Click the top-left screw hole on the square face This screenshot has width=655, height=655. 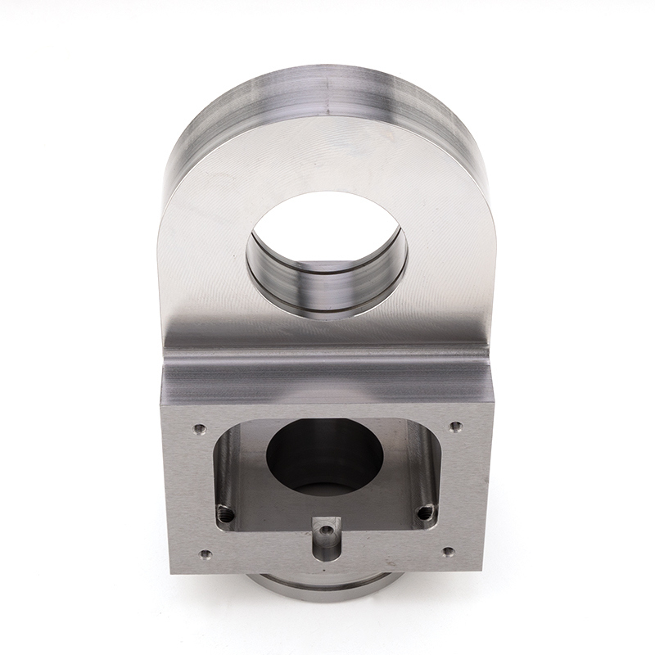coord(197,427)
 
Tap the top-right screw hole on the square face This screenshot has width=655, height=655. coord(456,426)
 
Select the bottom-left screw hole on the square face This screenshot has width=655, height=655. coord(205,554)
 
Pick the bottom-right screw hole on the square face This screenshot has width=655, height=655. coord(446,553)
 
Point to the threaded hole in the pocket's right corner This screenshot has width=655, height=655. coord(424,513)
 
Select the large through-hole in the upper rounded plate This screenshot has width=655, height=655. coord(327,229)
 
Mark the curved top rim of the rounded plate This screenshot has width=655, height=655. coord(327,90)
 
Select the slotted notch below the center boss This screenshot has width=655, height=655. coord(327,553)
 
